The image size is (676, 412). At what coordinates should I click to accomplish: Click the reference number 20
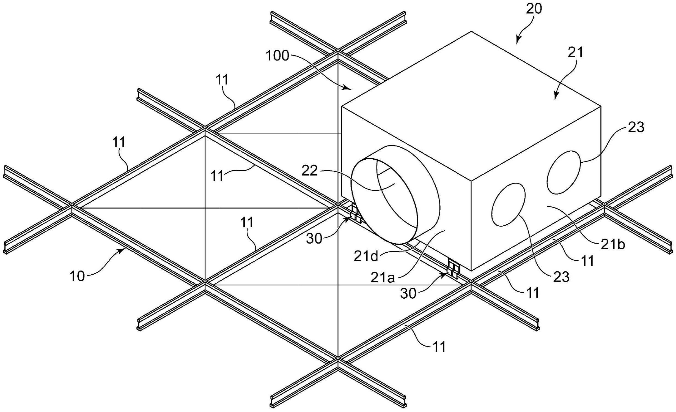click(534, 9)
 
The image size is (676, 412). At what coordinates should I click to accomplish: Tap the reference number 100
click(277, 56)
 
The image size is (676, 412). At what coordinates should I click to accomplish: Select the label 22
click(310, 171)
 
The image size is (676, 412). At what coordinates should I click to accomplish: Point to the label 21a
click(383, 278)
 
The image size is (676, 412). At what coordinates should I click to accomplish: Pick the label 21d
click(366, 256)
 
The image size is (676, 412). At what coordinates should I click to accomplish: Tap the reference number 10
click(77, 276)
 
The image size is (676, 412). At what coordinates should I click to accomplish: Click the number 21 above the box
click(576, 52)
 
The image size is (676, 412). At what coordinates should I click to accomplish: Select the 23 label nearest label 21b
click(561, 277)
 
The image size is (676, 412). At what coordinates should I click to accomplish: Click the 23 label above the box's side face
click(636, 127)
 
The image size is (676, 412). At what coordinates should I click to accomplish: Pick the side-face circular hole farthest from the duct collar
click(564, 172)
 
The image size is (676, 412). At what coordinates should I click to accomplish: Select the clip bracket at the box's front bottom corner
click(454, 268)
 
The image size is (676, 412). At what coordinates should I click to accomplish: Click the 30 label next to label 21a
click(408, 294)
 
